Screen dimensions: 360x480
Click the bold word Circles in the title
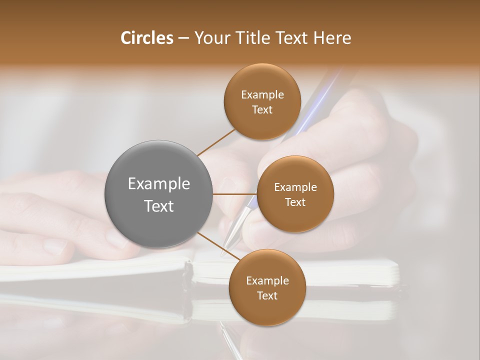[x=146, y=38]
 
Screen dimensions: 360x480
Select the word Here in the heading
[x=333, y=38]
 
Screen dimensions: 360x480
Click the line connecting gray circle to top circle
[x=216, y=142]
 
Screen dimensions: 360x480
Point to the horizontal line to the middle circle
[x=235, y=194]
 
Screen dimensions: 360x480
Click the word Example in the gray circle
[x=159, y=184]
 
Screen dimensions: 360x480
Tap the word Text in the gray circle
[x=159, y=206]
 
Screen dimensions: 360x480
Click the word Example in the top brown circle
[x=262, y=95]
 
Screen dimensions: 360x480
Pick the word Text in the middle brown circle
[x=295, y=202]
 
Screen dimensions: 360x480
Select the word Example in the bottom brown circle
[x=267, y=281]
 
